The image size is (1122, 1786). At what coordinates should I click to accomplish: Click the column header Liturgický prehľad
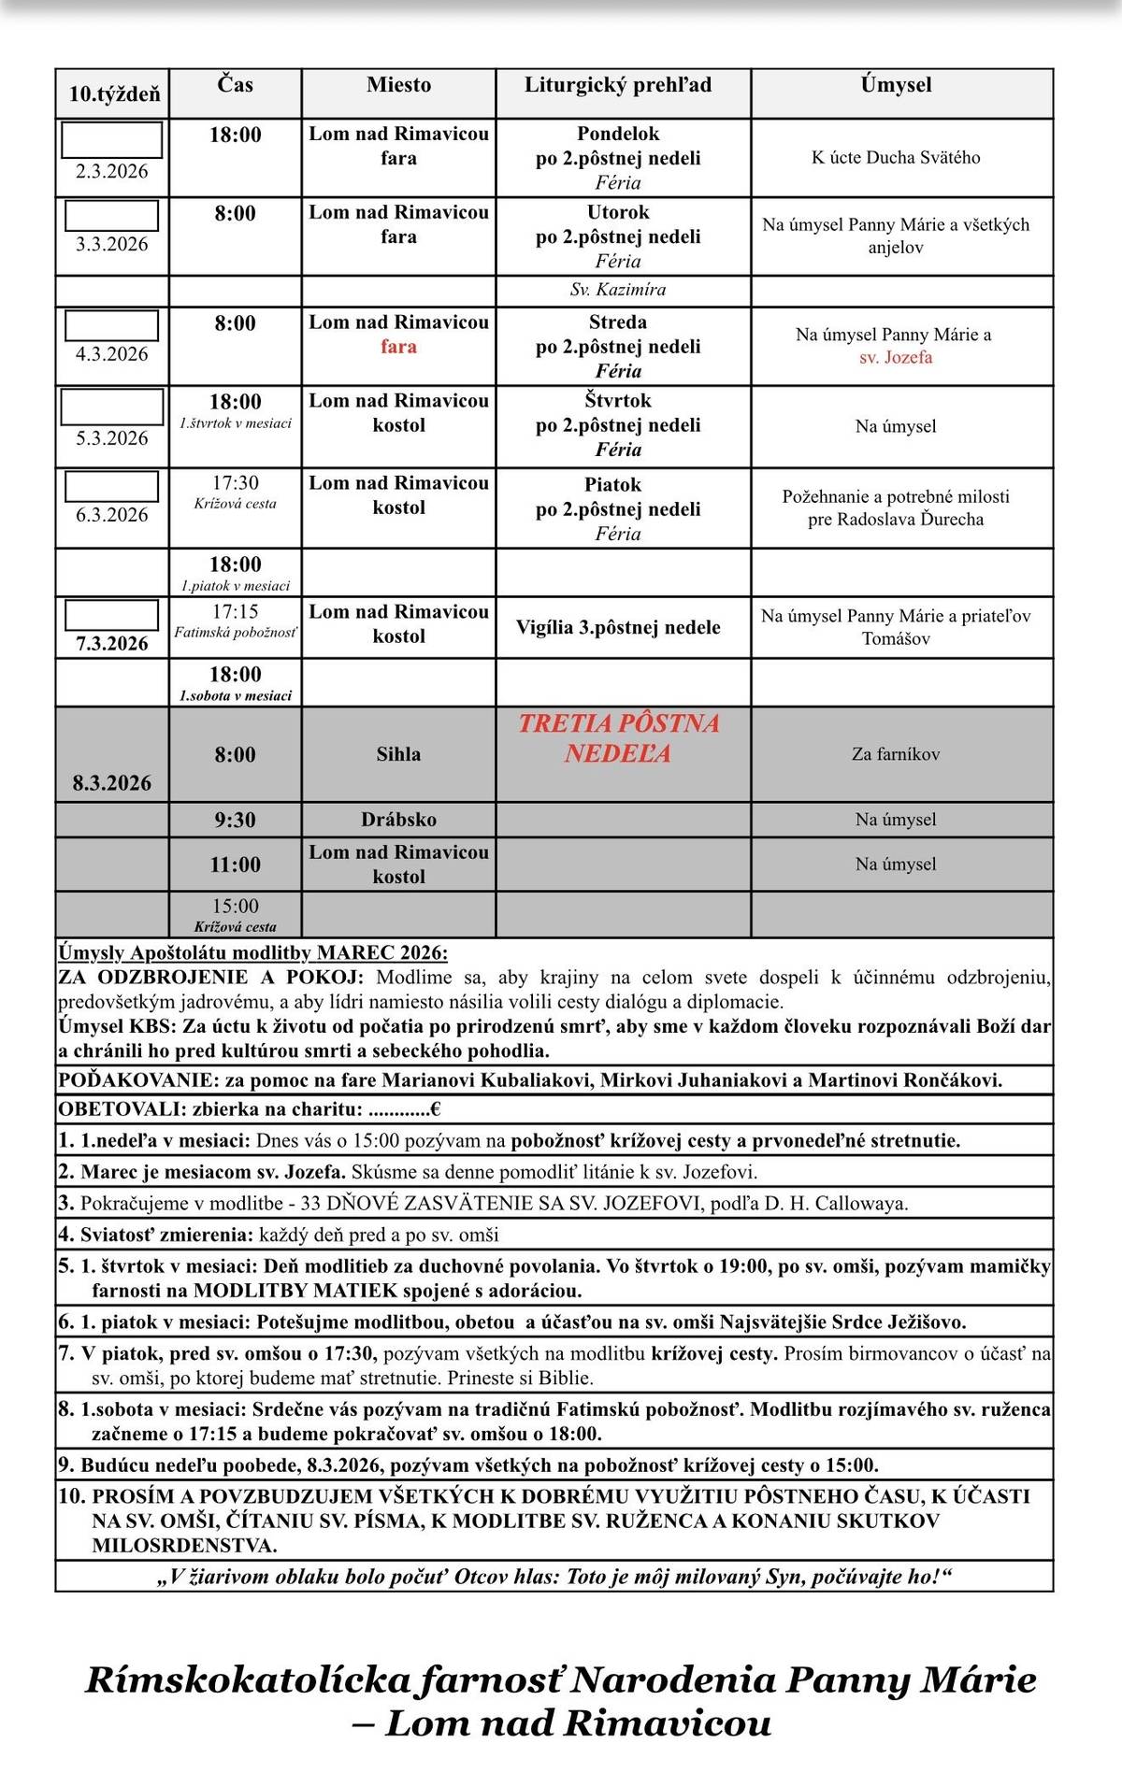coord(617,85)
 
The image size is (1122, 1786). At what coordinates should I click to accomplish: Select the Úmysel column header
coord(896,85)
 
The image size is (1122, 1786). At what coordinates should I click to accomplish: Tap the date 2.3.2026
coord(112,171)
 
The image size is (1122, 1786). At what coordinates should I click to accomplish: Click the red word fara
coord(398,347)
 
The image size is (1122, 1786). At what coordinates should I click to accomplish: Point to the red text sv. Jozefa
coord(896,357)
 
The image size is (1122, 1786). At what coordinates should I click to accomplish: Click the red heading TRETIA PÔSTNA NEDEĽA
coord(618,737)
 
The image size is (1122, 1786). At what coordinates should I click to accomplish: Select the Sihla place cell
coord(398,754)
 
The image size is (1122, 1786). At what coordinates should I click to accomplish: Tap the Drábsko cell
coord(398,820)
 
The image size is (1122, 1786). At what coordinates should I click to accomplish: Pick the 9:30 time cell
coord(235,820)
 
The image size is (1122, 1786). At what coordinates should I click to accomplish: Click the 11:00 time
coord(235,864)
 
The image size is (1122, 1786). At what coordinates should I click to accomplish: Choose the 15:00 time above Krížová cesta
coord(235,906)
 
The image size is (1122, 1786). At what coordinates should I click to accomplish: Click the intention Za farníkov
coord(896,754)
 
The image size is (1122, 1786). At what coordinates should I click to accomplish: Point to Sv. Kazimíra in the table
coord(618,290)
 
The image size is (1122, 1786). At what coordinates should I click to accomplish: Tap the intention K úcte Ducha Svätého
coord(896,157)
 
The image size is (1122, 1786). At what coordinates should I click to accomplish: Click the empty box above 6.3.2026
coord(111,486)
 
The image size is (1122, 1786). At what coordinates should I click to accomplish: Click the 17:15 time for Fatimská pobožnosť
coord(235,611)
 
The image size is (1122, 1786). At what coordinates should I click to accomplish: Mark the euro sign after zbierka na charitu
coord(435,1109)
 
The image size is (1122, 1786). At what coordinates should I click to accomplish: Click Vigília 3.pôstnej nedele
coord(618,627)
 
